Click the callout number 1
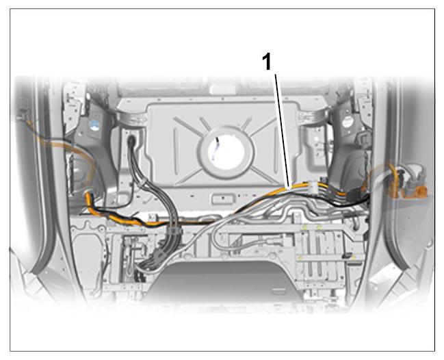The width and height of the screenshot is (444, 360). [x=267, y=62]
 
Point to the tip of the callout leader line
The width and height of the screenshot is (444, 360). [x=289, y=188]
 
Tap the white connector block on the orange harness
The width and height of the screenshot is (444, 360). [x=312, y=188]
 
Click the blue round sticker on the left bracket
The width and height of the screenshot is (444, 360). [x=94, y=125]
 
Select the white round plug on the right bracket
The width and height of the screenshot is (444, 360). [x=348, y=122]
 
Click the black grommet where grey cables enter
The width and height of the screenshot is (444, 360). [x=131, y=141]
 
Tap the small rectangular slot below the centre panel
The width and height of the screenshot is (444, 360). [x=223, y=198]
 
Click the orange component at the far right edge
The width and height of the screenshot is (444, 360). [x=415, y=190]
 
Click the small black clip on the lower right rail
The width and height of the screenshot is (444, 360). [x=346, y=256]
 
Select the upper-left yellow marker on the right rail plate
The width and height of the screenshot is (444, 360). [x=305, y=227]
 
